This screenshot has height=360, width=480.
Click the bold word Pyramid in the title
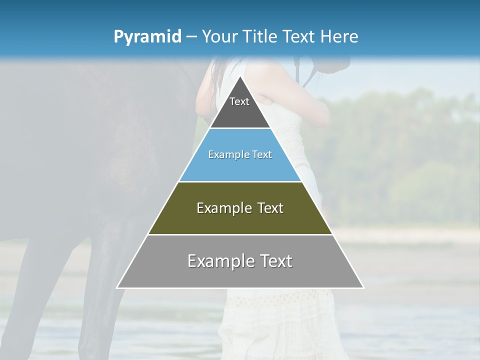coord(147,37)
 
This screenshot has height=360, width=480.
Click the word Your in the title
coord(218,37)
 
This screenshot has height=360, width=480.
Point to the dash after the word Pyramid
coord(191,37)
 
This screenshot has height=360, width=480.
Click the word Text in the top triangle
coord(239,101)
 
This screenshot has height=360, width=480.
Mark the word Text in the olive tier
coord(271,208)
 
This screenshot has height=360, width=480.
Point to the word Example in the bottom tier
coord(218,261)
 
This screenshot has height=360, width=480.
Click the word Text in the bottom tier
coord(276,261)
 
